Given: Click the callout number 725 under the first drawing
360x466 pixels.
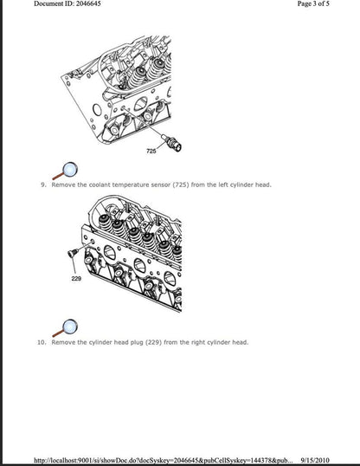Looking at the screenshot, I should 152,152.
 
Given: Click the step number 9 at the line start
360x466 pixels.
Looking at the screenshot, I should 43,184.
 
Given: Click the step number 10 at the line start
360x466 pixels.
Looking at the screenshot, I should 42,342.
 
